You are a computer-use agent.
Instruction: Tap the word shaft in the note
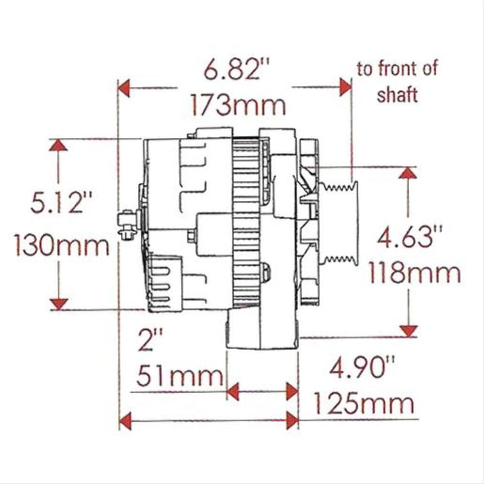point(397,95)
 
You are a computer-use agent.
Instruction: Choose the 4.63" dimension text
point(410,234)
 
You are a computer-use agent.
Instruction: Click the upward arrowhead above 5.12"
point(58,145)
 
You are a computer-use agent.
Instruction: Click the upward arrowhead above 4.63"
point(409,174)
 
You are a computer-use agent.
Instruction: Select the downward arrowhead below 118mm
point(409,329)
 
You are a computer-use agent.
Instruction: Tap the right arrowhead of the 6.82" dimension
point(345,88)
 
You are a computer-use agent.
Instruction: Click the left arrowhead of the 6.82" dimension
point(125,88)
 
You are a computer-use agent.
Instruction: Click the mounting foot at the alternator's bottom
point(261,330)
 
